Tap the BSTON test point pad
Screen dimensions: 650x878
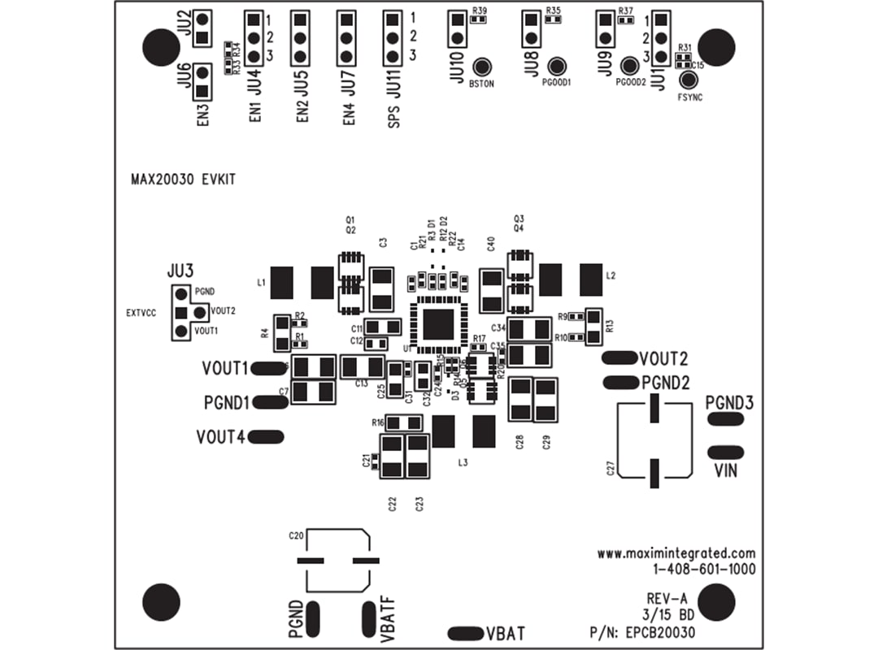tap(485, 68)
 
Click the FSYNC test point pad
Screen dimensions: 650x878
tap(689, 80)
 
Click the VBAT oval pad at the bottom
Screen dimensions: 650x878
tap(465, 633)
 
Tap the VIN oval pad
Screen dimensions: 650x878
tap(725, 452)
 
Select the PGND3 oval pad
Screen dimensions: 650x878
tap(725, 418)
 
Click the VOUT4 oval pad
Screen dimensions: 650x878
tap(267, 437)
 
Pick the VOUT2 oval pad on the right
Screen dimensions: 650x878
tap(619, 358)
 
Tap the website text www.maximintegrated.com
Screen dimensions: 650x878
tap(676, 553)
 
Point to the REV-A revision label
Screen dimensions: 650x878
tap(664, 598)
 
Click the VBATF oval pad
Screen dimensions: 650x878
tap(371, 619)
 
